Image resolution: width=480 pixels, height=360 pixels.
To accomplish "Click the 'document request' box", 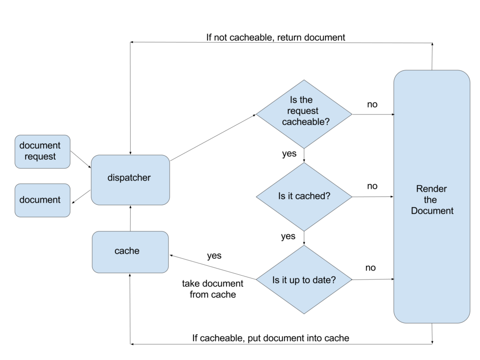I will [x=42, y=151].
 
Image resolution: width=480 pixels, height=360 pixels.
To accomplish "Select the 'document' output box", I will [x=42, y=200].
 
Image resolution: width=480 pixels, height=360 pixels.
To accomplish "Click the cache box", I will [x=130, y=251].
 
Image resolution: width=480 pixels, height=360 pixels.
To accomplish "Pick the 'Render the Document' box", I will [x=432, y=197].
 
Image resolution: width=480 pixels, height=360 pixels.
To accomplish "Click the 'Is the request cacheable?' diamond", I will [x=304, y=114].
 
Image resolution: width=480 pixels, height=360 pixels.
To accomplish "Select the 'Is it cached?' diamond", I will [x=304, y=196].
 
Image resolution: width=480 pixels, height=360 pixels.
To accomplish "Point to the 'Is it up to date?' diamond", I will [x=304, y=280].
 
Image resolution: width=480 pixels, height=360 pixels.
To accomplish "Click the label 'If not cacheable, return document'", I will [x=276, y=37].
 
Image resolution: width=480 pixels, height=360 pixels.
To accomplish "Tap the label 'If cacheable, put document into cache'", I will [x=271, y=338].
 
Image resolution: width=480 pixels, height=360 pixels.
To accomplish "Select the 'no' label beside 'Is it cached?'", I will [x=372, y=186].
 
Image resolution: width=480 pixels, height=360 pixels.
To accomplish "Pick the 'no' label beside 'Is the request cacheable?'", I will [x=372, y=105].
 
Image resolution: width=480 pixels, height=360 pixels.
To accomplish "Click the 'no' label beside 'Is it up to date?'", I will [x=370, y=268].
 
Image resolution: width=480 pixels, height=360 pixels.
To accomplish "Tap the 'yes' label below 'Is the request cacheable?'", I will [x=289, y=154].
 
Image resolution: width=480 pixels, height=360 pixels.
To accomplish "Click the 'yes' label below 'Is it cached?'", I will [x=288, y=236].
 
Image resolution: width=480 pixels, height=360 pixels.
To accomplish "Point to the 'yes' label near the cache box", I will [x=214, y=256].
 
